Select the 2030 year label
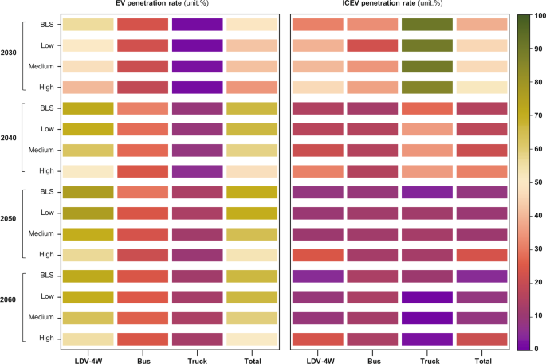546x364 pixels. coord(8,53)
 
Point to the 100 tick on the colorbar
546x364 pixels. coord(536,15)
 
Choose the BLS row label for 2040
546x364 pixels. coord(47,108)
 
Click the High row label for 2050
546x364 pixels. coord(46,255)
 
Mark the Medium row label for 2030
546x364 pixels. coord(43,66)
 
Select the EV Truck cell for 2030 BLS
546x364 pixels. coord(197,25)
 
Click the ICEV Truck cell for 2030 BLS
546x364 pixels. coord(427,25)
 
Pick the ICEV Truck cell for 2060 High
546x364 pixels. coord(427,339)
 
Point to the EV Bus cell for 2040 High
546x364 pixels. coord(143,170)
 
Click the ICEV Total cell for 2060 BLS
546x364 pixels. coord(481,276)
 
